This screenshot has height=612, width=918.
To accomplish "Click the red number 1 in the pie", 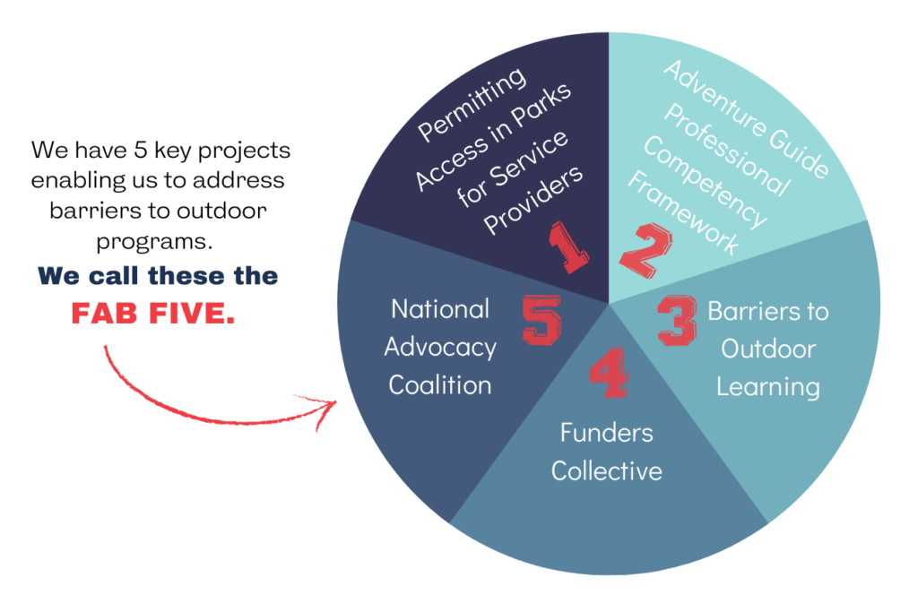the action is point(567,247).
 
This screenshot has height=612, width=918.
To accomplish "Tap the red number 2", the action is point(645,250).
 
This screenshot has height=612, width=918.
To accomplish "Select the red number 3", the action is point(678,321).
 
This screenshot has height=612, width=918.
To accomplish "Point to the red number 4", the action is point(609,373).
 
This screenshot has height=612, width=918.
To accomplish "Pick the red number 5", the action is point(541,320).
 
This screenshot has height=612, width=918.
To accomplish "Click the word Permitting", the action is point(472,104).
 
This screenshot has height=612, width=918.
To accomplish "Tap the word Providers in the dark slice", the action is point(533,200).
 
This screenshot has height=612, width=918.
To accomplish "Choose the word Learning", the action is point(768,388).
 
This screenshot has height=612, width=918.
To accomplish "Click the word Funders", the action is point(607,433).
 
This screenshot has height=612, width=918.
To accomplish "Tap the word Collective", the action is point(607,471).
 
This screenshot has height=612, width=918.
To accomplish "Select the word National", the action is point(440,309).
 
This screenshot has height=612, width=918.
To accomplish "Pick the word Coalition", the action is point(439,385).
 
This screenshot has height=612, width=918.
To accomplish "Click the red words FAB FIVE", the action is point(152,314).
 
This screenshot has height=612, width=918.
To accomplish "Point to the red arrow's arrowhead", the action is point(323,407).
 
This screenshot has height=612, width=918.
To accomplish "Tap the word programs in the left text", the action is point(154,242).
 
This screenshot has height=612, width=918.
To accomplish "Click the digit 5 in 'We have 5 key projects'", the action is point(140,150).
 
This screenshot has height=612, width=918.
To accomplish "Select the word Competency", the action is point(705,183).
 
